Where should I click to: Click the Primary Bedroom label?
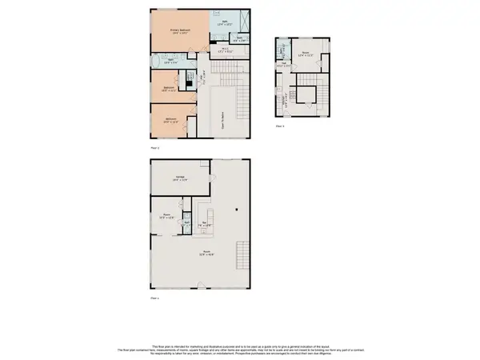point(178,31)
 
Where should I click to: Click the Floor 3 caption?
point(280,126)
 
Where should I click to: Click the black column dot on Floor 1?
point(236,210)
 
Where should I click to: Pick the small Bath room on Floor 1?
point(186,225)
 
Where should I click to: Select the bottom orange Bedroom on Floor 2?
point(171,121)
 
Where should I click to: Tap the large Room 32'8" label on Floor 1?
point(206,254)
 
